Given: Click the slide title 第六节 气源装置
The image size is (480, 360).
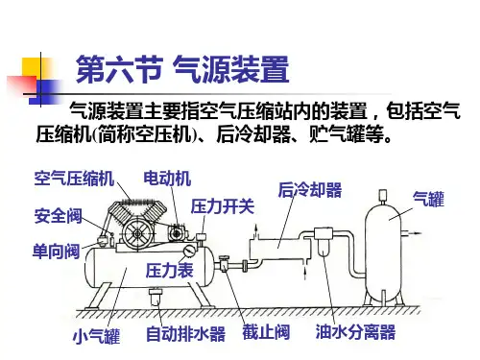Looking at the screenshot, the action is (182, 69).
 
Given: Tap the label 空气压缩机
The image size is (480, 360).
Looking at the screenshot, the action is (74, 179).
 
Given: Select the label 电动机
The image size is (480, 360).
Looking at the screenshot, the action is (167, 179).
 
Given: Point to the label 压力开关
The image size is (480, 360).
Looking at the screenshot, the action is (223, 206).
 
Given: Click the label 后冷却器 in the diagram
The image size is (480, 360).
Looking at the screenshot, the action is (310, 190).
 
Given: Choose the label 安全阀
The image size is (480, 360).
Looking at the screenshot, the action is (59, 216).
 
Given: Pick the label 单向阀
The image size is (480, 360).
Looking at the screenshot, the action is (57, 251).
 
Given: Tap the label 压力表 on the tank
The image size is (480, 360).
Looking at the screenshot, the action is (170, 271).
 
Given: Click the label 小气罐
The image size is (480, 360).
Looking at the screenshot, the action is (97, 336).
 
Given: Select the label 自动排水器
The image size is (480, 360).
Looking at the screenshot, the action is (185, 334).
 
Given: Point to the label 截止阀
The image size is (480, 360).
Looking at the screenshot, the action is (266, 332).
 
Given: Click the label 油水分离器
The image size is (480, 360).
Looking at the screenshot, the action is (355, 331).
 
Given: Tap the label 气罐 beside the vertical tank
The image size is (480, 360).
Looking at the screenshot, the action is (428, 199).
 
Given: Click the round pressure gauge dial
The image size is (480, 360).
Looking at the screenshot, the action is (190, 251).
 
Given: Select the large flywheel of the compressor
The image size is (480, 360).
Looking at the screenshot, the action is (138, 233).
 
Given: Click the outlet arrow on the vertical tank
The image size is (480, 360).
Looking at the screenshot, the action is (412, 233).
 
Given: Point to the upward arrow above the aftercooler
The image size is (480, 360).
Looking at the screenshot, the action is (255, 231).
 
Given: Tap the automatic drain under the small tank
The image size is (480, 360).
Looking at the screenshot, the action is (156, 297).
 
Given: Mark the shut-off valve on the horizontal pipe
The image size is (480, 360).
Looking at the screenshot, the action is (224, 263).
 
